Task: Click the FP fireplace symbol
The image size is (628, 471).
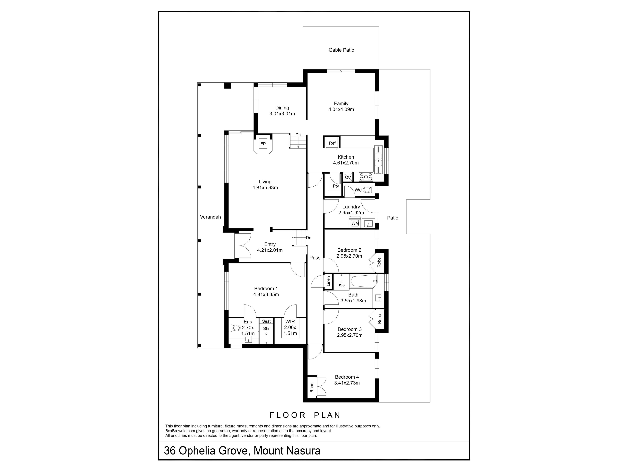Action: [x=263, y=144]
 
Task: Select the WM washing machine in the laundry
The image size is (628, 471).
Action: [x=355, y=223]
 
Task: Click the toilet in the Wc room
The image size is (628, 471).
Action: [x=368, y=190]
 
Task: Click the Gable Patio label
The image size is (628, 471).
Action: [x=341, y=50]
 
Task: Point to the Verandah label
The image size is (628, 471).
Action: [x=210, y=217]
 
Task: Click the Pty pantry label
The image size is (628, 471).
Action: [x=336, y=186]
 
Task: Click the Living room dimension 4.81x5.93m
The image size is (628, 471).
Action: [x=265, y=188]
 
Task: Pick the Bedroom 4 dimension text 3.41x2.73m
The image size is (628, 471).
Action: [x=347, y=383]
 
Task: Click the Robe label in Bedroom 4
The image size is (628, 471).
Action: [x=312, y=388]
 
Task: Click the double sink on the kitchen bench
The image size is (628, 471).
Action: [x=378, y=160]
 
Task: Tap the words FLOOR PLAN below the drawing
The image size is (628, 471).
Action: [x=305, y=415]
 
